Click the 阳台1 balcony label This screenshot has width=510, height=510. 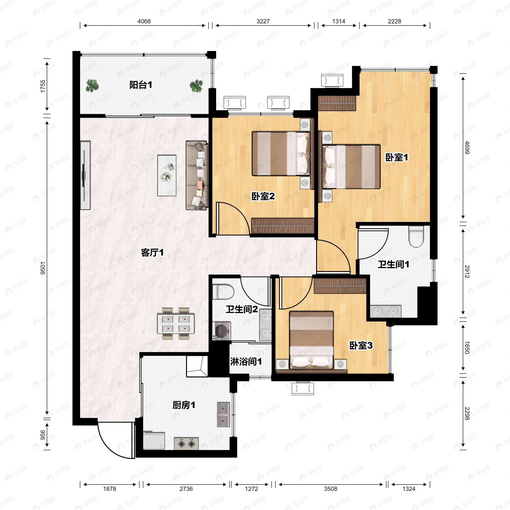(x=141, y=85)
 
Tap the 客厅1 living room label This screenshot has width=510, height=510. (x=152, y=253)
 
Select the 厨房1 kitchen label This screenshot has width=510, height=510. (x=184, y=405)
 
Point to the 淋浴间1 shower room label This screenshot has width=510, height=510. (x=246, y=361)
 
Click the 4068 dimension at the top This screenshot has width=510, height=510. (x=144, y=21)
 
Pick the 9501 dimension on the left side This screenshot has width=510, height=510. (x=43, y=268)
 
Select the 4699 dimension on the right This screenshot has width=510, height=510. (x=467, y=148)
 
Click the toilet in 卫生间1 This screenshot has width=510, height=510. (x=416, y=237)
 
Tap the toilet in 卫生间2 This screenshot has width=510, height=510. (x=223, y=292)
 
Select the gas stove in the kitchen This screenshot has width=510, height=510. (x=186, y=444)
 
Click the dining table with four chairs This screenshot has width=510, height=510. (x=176, y=323)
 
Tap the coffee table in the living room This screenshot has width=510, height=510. (x=167, y=176)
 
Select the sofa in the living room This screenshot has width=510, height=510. (x=197, y=176)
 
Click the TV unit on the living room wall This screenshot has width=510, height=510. (x=85, y=176)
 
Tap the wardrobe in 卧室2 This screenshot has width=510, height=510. (x=282, y=226)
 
